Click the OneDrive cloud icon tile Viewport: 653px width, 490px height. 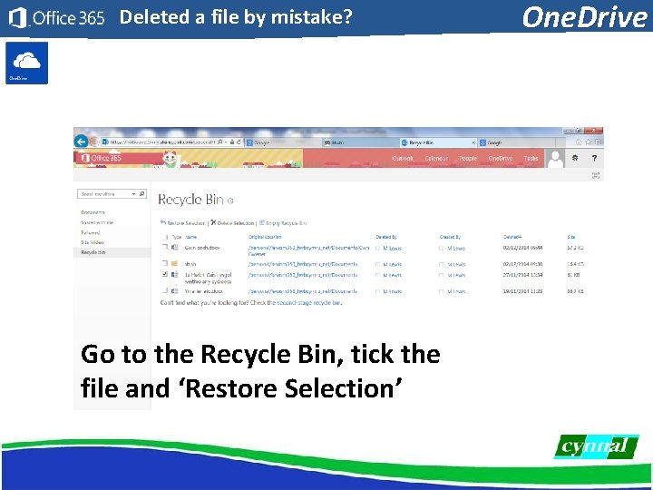pyautogui.click(x=26, y=62)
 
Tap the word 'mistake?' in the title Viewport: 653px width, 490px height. pyautogui.click(x=309, y=16)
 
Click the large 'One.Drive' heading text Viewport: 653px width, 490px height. pyautogui.click(x=585, y=17)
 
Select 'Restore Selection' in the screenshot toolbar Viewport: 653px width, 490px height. pyautogui.click(x=184, y=222)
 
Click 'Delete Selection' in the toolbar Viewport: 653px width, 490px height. pyautogui.click(x=233, y=222)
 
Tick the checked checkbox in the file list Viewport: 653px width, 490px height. pyautogui.click(x=164, y=274)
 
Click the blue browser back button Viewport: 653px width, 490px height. pyautogui.click(x=82, y=142)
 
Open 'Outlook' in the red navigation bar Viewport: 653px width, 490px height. pyautogui.click(x=403, y=159)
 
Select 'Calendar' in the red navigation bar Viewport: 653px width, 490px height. pyautogui.click(x=436, y=159)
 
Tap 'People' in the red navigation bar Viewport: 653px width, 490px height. pyautogui.click(x=468, y=159)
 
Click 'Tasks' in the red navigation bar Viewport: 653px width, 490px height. pyautogui.click(x=531, y=159)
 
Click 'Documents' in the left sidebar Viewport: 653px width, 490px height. pyautogui.click(x=93, y=212)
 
